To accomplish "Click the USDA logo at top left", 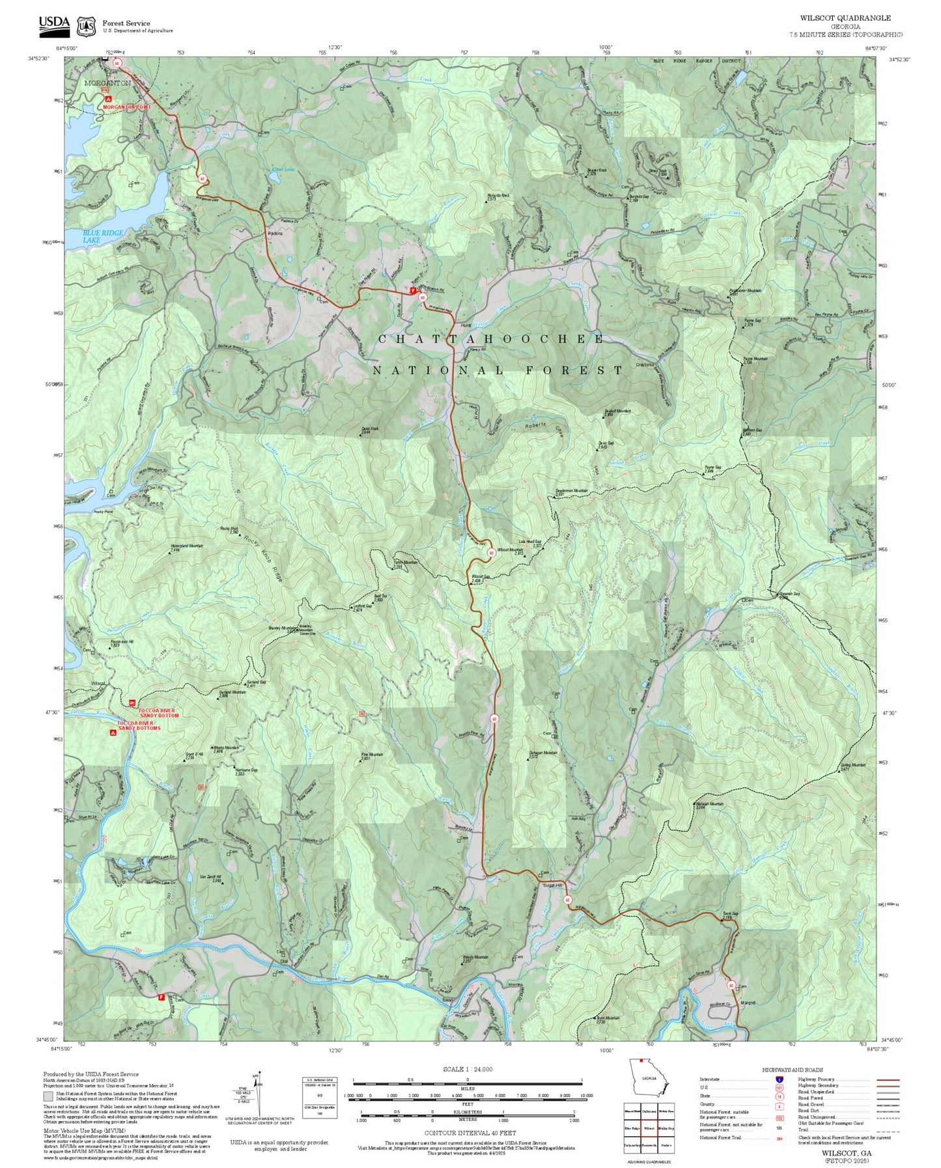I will [54, 24].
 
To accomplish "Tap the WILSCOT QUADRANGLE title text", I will [845, 18].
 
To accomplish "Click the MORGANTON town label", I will [107, 83].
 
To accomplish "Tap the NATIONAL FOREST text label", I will [498, 370].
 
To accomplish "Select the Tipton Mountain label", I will [405, 563].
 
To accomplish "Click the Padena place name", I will [274, 232].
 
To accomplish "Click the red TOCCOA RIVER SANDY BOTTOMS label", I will [139, 725].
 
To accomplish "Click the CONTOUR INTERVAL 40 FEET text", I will [470, 1133].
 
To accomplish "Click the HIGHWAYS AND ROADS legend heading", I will [792, 1070].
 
